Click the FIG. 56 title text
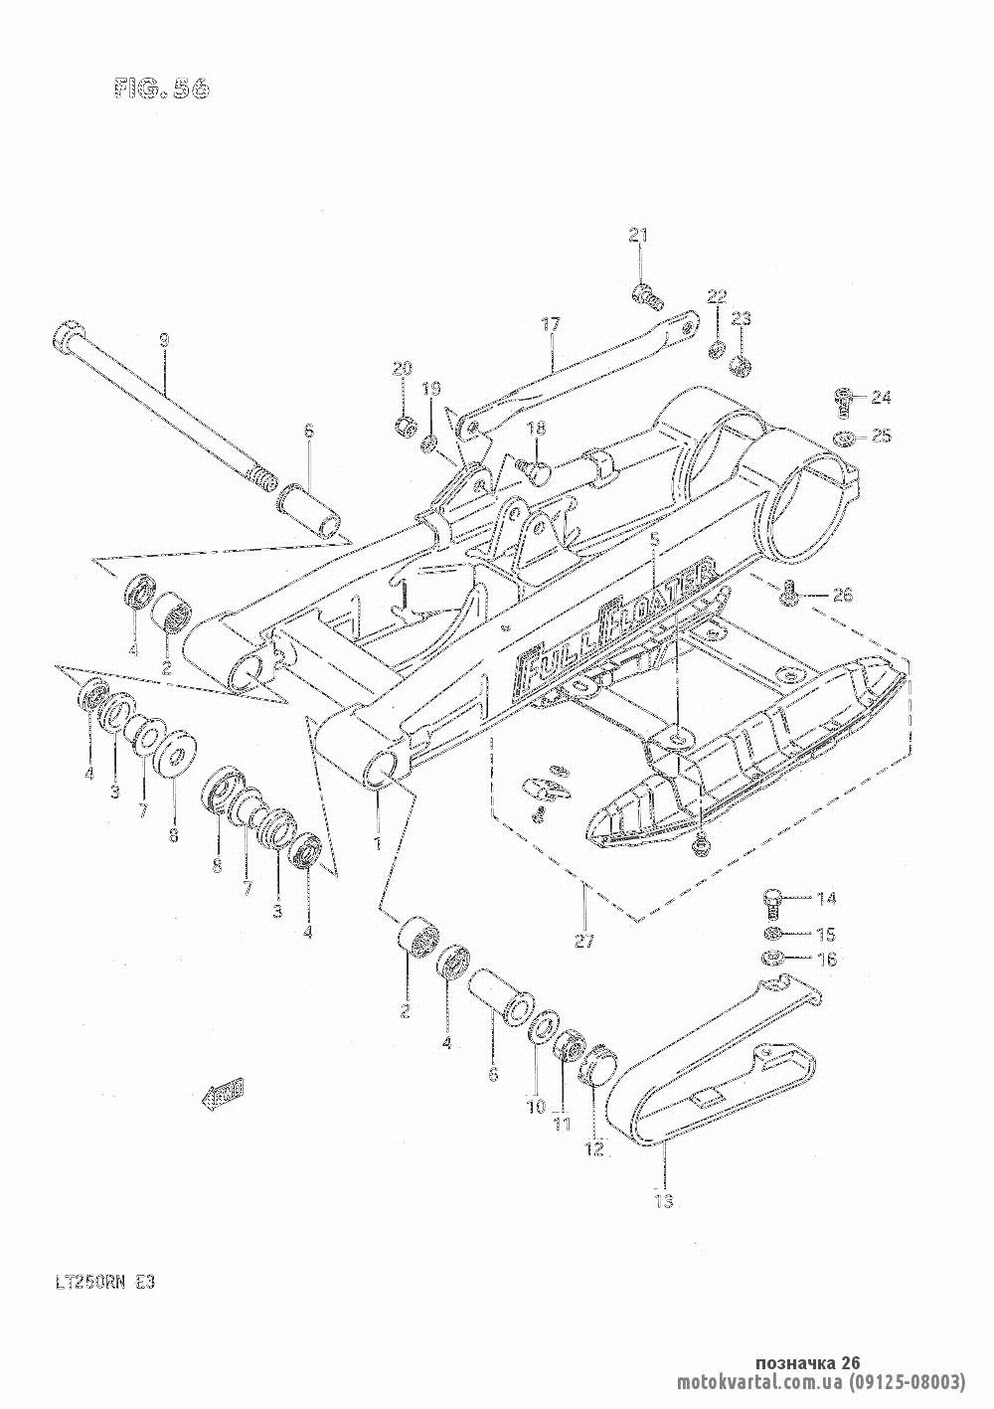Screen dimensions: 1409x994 click(x=161, y=88)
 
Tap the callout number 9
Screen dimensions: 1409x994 click(x=165, y=340)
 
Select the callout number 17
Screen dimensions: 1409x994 click(x=552, y=324)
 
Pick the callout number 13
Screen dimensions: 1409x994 click(x=664, y=1201)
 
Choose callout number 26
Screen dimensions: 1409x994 click(x=842, y=596)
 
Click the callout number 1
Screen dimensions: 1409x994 click(x=377, y=844)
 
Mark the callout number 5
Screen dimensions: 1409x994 click(x=654, y=540)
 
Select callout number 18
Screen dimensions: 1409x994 click(x=537, y=430)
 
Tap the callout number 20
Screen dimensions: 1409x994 click(x=402, y=370)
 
